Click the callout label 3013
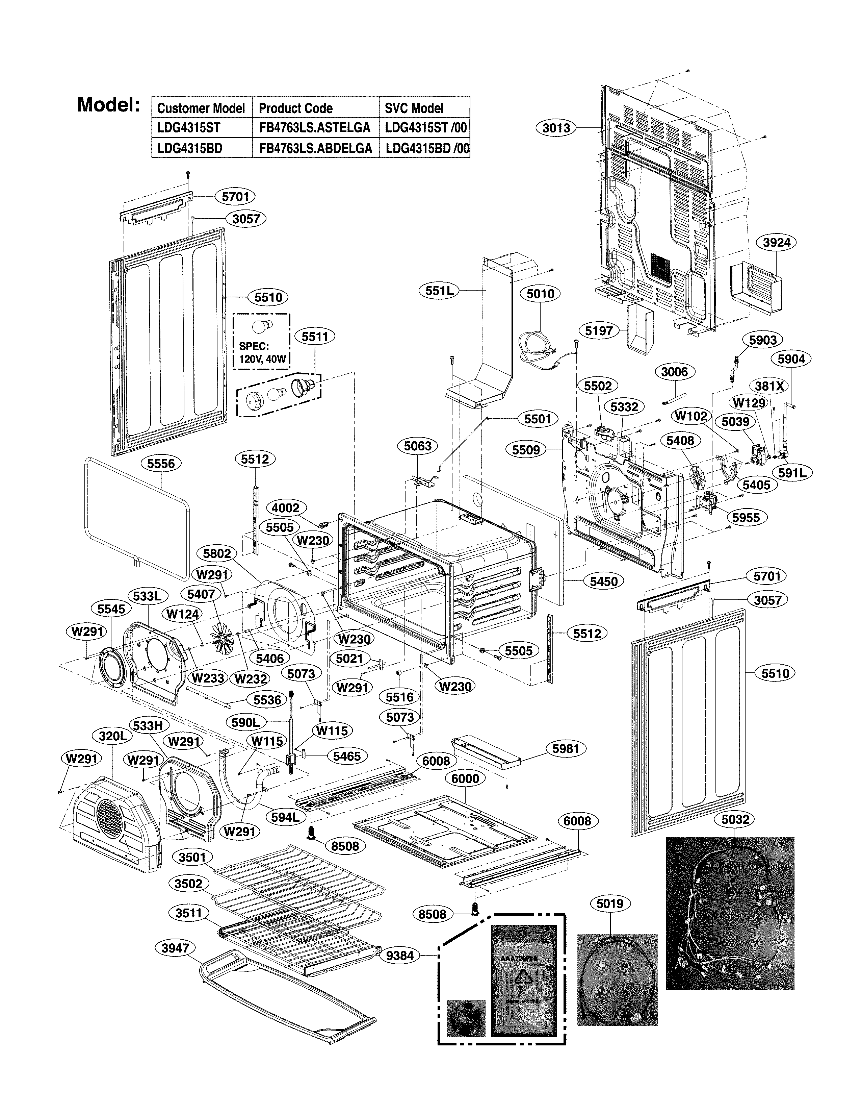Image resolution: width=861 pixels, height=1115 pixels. pyautogui.click(x=556, y=128)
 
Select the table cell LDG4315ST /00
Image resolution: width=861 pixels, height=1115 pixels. pyautogui.click(x=425, y=128)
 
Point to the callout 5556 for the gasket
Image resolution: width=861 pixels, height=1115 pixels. pyautogui.click(x=161, y=464)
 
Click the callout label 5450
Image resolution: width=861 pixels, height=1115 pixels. pyautogui.click(x=603, y=581)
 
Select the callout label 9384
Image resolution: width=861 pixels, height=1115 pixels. pyautogui.click(x=400, y=955)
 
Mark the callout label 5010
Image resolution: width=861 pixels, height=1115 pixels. pyautogui.click(x=540, y=294)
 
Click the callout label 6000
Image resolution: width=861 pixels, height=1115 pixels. pyautogui.click(x=465, y=778)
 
